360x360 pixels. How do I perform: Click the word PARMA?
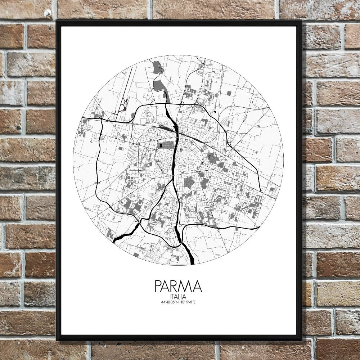178,286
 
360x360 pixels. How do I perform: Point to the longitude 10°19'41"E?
188,302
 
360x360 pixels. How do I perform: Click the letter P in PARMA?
158,286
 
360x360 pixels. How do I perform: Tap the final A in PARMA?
197,286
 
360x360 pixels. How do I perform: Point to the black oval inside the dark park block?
160,146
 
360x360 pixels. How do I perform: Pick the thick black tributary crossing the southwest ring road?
126,233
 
